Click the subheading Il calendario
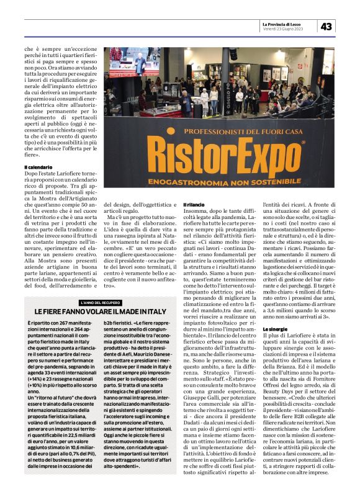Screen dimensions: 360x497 tap(38, 168)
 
